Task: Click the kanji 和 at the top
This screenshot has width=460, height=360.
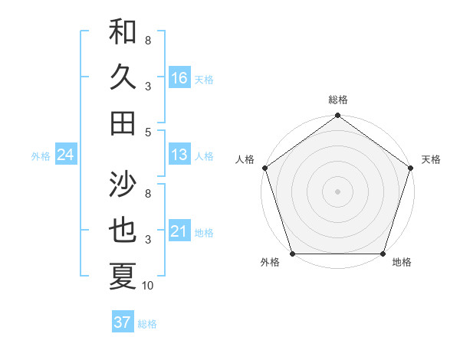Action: coord(123,33)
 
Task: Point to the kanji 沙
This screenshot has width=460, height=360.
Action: coord(123,184)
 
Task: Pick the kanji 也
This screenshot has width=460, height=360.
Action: coord(123,231)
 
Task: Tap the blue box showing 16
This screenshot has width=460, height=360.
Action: coord(179,77)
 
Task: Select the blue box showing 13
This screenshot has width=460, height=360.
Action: coord(179,155)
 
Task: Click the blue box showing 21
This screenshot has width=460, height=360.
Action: coord(179,231)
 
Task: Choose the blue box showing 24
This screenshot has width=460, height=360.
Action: coord(66,155)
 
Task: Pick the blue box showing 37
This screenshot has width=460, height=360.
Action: coord(122,322)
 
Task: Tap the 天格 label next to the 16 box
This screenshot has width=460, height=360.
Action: coord(204,79)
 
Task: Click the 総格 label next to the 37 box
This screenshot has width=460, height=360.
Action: coord(147,324)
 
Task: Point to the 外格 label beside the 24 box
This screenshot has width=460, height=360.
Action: coord(41,156)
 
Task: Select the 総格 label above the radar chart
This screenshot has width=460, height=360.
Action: coord(337,100)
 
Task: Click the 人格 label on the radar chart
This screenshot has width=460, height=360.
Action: coord(245,159)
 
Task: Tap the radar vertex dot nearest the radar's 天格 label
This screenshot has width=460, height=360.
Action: coord(411,168)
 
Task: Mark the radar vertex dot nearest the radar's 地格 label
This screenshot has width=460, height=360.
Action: coord(383,254)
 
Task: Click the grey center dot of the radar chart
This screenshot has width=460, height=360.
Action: coord(337,191)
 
